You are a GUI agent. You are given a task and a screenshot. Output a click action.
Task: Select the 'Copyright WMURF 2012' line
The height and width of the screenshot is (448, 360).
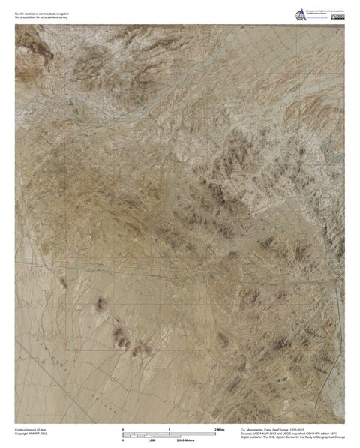31,434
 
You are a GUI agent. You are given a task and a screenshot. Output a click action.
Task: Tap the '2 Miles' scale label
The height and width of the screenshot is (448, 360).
220,428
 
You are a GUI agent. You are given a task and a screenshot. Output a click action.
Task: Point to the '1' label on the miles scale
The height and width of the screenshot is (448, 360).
169,428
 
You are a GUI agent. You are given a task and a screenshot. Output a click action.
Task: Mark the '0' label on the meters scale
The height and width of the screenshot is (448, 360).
122,440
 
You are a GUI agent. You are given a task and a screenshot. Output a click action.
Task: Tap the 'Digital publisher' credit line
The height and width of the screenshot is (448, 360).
292,437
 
